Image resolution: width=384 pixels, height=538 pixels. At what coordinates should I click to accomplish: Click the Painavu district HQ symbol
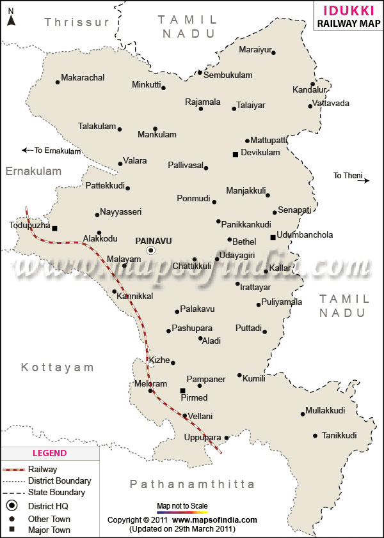(151, 251)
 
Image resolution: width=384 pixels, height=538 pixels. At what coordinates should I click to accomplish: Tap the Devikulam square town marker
(235, 154)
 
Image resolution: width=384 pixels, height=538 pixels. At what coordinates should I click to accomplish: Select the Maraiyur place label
(255, 50)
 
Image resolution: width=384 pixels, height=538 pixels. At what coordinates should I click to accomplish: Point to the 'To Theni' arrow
(367, 181)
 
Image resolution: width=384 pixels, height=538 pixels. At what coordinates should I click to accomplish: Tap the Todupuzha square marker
(54, 228)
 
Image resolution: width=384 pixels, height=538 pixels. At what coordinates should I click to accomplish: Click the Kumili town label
(253, 379)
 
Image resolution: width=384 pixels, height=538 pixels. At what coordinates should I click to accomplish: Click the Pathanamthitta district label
(192, 484)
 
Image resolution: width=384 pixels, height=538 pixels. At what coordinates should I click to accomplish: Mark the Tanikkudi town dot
(315, 436)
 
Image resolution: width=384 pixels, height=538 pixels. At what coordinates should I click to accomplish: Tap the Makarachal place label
(83, 78)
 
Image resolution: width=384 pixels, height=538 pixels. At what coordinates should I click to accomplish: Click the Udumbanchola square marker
(273, 238)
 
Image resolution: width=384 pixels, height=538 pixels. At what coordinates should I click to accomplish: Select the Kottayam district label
(57, 367)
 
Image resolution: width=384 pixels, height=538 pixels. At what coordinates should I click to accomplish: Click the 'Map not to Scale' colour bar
(182, 512)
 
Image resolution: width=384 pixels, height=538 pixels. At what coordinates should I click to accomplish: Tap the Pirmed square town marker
(182, 390)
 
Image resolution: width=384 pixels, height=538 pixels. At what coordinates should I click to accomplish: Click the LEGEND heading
(49, 453)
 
